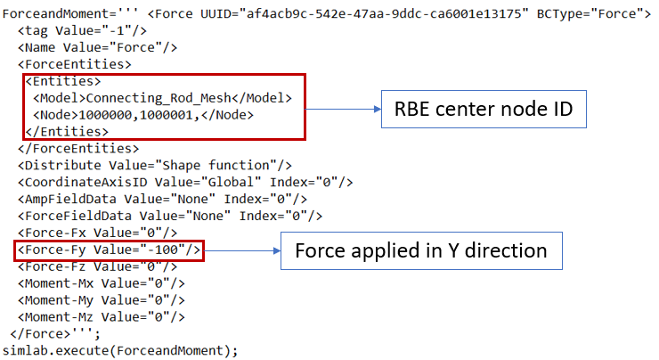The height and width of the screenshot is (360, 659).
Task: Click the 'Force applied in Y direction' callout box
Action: click(422, 251)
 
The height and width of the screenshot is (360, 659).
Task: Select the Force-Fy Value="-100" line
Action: click(110, 251)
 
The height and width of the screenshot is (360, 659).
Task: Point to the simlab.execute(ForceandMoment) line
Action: click(120, 349)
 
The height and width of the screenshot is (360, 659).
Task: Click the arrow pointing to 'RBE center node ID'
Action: click(343, 110)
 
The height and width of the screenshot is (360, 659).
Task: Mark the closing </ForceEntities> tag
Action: click(78, 147)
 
